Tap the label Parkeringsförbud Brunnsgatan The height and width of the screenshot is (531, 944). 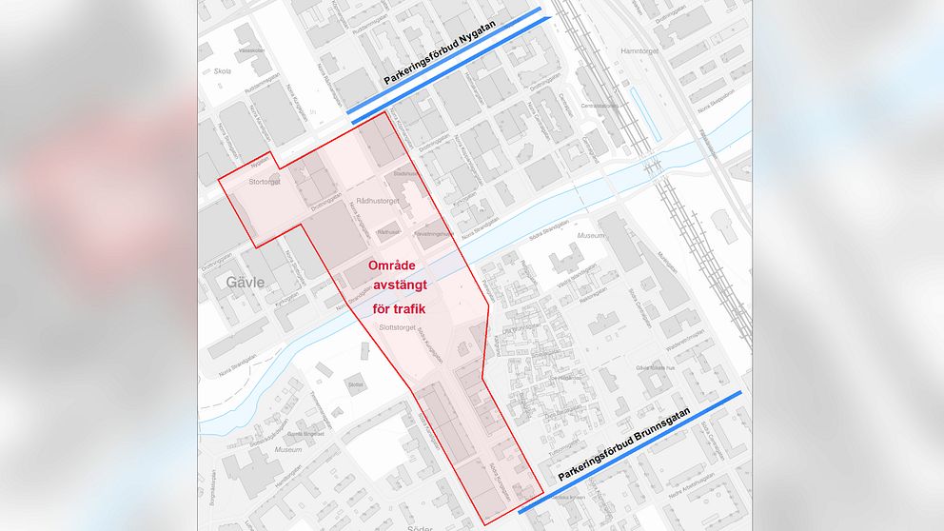pyautogui.click(x=632, y=448)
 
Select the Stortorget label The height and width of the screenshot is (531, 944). pyautogui.click(x=264, y=181)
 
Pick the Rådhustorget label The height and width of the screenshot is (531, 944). pyautogui.click(x=375, y=201)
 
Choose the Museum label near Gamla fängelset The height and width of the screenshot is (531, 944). pyautogui.click(x=287, y=447)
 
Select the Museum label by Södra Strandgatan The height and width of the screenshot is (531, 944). pyautogui.click(x=591, y=234)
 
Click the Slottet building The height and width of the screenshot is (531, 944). pyautogui.click(x=355, y=384)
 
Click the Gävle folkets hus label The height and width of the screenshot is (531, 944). pyautogui.click(x=660, y=368)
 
